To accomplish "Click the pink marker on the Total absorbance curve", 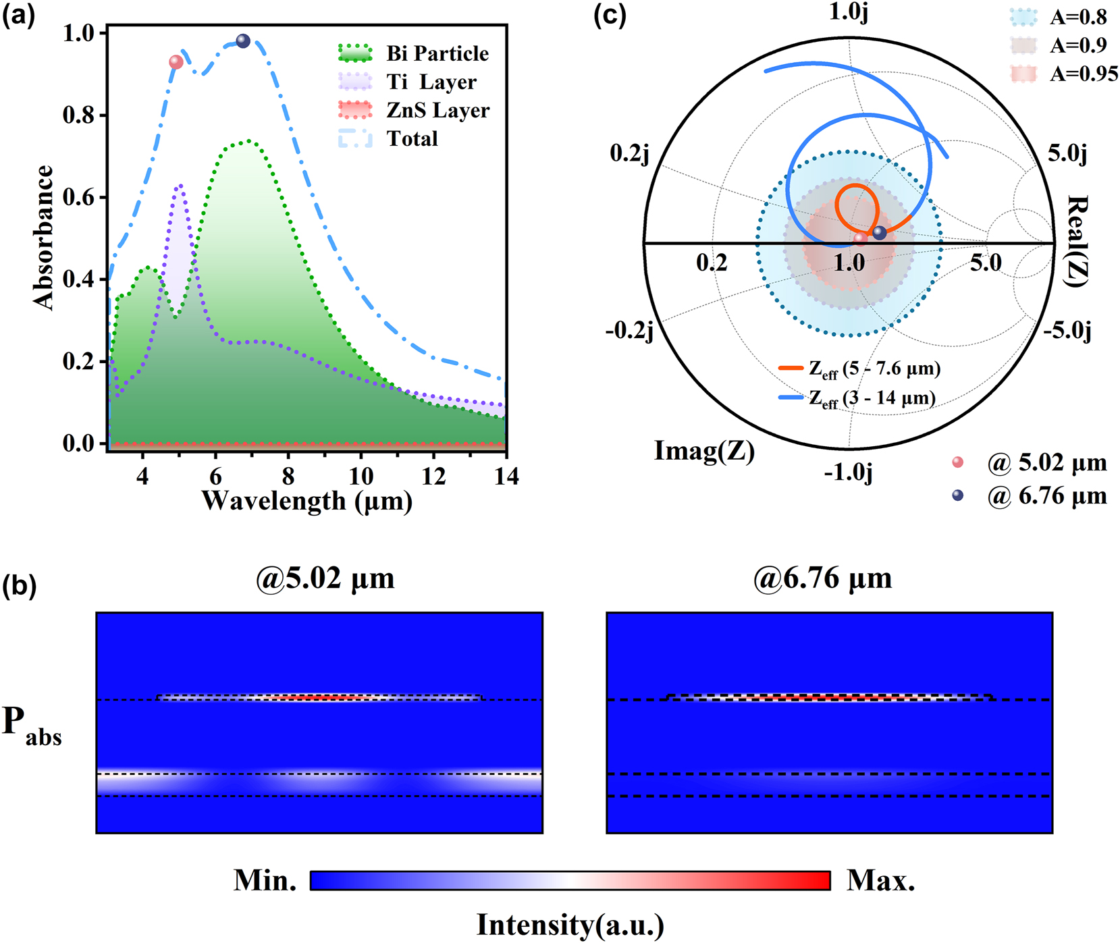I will point(176,62).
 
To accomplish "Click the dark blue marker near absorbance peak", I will point(243,41).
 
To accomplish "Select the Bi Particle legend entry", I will point(437,53).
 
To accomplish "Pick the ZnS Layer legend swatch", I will point(355,110).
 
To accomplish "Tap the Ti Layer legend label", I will point(431,82).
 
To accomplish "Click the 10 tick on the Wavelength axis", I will point(361,477).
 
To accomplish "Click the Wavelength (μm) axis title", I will point(307,502).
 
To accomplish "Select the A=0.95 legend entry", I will point(1084,74).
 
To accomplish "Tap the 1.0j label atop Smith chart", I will point(849,11).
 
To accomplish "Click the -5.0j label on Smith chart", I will point(1068,331).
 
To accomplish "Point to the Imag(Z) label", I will point(704,451).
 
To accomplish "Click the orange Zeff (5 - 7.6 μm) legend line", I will point(791,369).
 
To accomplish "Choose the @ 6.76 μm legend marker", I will point(957,495).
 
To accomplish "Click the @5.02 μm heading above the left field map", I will point(325,578).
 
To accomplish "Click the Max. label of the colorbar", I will point(881,880).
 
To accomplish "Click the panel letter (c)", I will point(610,14).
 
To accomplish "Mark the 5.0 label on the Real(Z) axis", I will point(986,263).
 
